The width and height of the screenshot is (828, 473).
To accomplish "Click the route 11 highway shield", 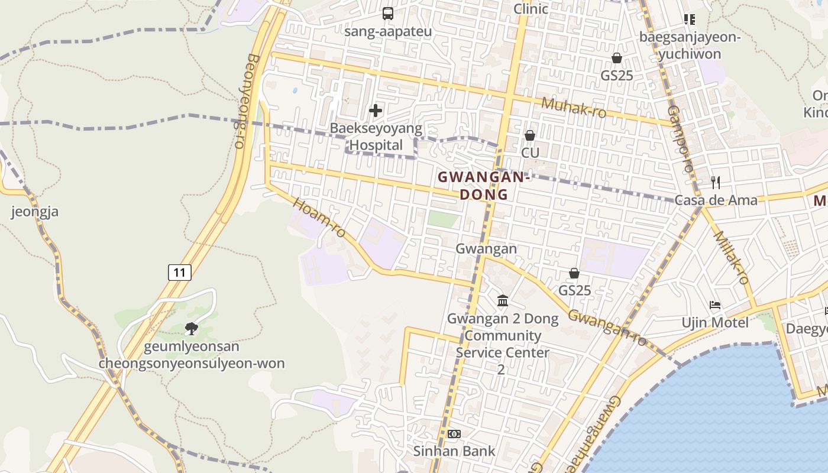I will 180,273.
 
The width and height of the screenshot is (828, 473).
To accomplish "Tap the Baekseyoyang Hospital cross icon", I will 376,111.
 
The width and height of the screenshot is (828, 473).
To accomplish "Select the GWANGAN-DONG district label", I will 482,186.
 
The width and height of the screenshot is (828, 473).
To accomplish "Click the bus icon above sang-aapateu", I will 388,13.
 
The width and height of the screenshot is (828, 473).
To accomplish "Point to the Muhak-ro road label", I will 574,108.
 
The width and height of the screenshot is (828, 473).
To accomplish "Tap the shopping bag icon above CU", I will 530,135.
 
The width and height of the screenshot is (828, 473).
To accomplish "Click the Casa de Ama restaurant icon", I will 716,182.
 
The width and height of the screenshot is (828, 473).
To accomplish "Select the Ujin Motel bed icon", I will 715,305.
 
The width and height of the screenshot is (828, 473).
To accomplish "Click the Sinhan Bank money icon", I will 454,434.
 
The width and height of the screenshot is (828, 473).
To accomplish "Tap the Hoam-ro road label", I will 319,218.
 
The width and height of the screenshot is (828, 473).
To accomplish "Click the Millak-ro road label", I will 732,257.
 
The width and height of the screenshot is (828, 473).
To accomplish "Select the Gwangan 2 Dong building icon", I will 503,301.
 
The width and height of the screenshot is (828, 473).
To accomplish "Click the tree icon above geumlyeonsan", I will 191,328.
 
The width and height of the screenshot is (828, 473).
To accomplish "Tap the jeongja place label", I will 35,211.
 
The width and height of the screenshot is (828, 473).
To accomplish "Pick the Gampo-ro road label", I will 680,138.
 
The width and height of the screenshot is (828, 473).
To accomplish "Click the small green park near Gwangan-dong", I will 443,219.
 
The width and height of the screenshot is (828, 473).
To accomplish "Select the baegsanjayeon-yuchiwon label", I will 690,46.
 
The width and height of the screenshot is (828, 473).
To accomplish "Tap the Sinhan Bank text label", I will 454,451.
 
